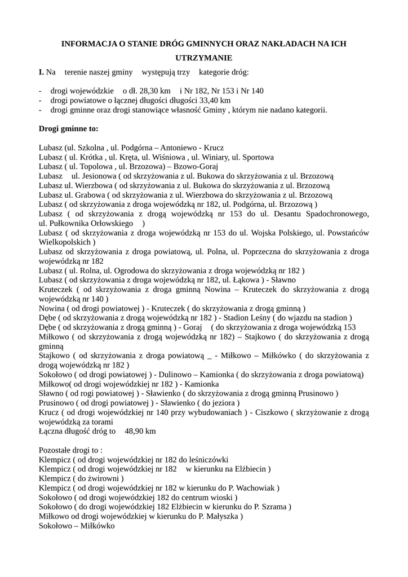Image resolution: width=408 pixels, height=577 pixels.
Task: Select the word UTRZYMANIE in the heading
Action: point(204,58)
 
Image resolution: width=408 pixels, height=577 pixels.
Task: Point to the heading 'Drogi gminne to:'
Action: point(68,128)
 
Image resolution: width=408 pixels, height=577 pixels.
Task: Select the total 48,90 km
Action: point(140,432)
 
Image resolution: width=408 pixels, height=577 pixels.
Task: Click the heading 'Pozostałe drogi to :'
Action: point(71,451)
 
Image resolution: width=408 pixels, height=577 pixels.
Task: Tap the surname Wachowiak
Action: point(256,488)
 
